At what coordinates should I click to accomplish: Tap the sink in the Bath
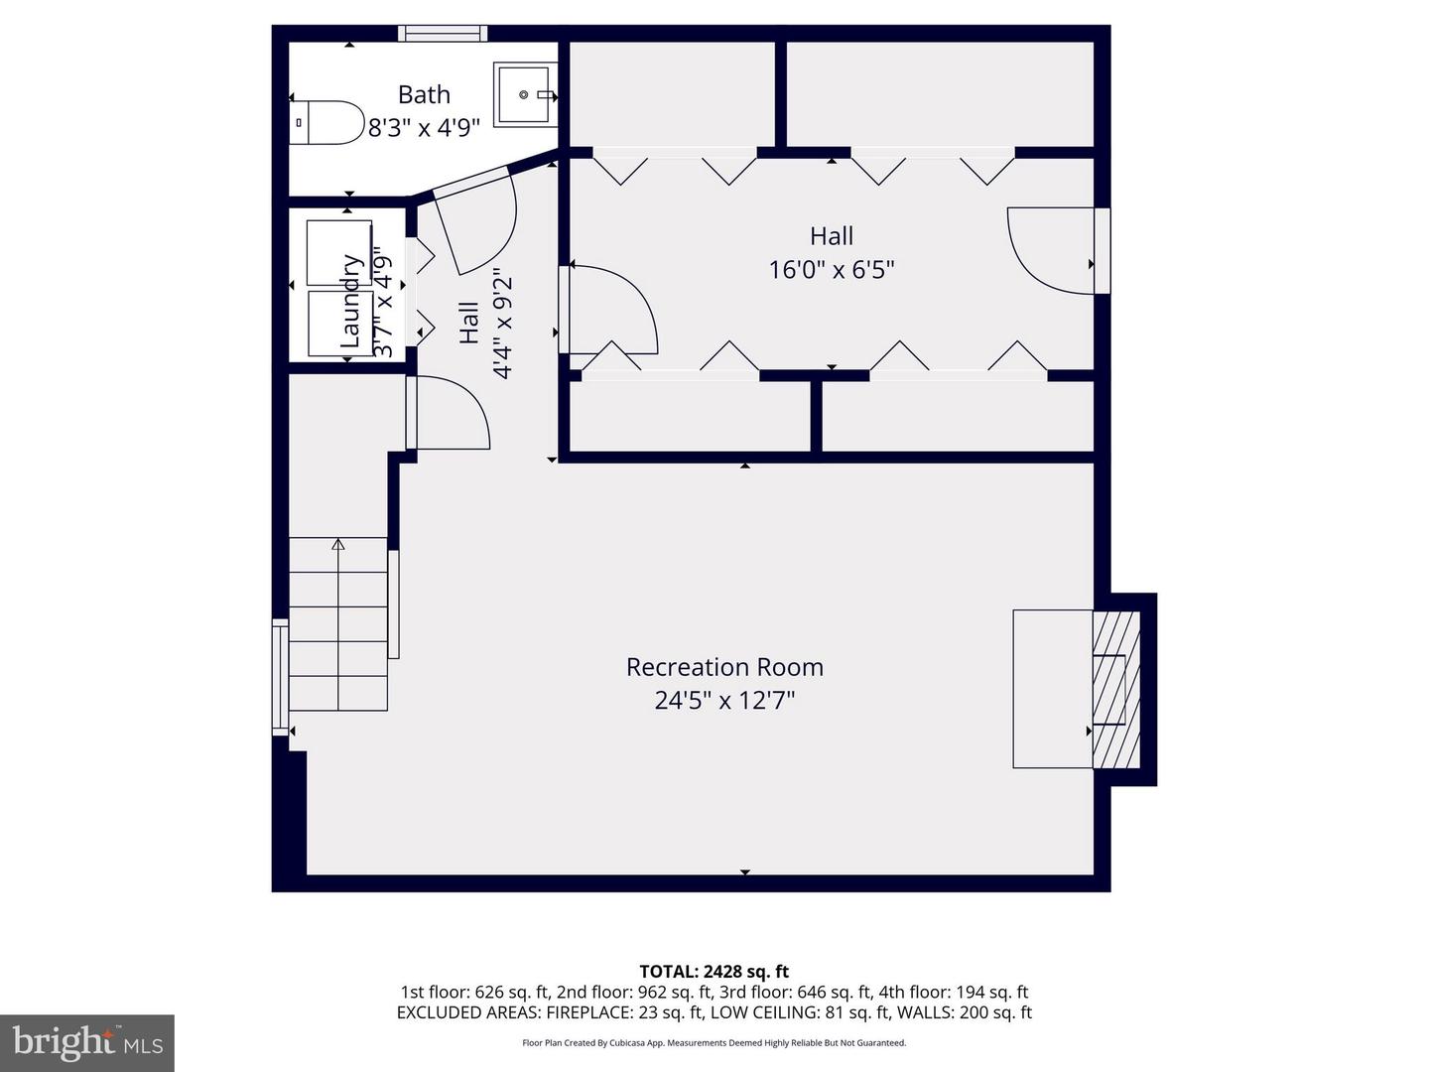click(x=524, y=95)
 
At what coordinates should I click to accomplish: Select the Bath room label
click(x=424, y=94)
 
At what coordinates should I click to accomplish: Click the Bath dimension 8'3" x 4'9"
click(x=424, y=128)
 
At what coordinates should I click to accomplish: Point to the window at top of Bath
click(x=443, y=33)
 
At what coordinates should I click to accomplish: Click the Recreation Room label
click(x=724, y=667)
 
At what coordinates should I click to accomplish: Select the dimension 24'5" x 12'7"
click(x=724, y=701)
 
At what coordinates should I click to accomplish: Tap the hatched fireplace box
click(x=1116, y=689)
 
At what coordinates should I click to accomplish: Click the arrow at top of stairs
click(x=338, y=544)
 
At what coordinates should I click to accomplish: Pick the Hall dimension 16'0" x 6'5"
click(x=832, y=269)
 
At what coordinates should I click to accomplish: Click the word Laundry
click(x=350, y=301)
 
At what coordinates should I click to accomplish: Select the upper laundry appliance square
click(x=338, y=252)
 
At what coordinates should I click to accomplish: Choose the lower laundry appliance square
click(x=339, y=324)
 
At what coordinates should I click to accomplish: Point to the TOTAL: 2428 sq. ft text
click(x=714, y=972)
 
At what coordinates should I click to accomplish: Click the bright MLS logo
click(x=87, y=1042)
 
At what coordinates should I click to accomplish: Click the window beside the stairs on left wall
click(x=280, y=677)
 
